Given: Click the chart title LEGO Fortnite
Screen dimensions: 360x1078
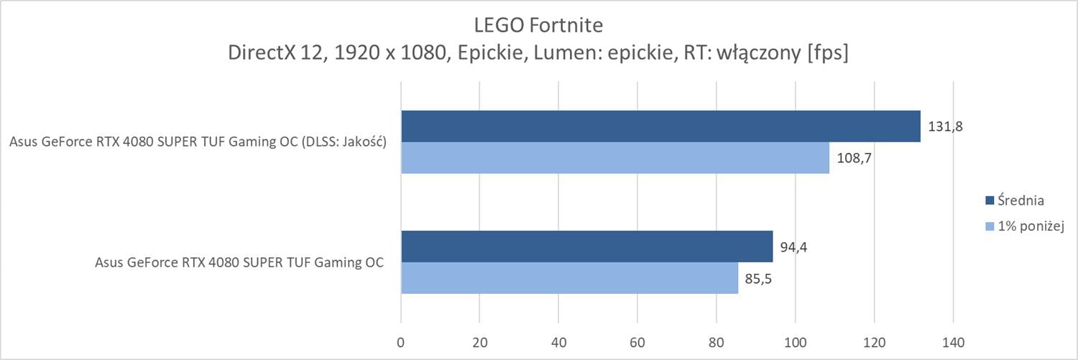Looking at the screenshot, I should coord(538,25).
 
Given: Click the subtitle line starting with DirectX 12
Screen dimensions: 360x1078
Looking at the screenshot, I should coord(538,53).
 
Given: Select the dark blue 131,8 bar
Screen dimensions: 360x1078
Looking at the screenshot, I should coord(660,126).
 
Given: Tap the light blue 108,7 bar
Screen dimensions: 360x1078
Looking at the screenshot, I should coord(615,157).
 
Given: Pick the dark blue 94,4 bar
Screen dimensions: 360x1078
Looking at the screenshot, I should coord(586,246).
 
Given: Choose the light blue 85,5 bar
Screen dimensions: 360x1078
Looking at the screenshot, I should coord(569,278).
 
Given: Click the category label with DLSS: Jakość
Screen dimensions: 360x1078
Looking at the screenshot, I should coord(198,142).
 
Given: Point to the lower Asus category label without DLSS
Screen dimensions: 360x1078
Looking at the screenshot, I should coord(239,262).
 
